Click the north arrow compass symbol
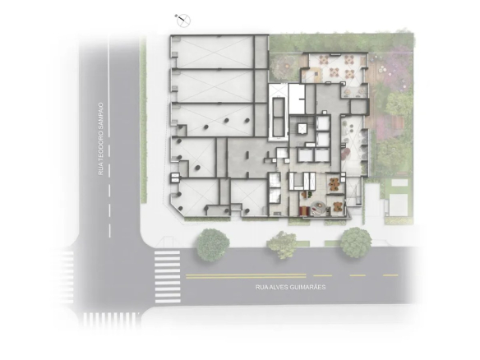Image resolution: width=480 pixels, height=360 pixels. pyautogui.click(x=183, y=21)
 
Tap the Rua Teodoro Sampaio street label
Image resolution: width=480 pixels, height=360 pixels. pyautogui.click(x=101, y=139)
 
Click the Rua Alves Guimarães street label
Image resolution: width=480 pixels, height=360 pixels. pyautogui.click(x=290, y=288)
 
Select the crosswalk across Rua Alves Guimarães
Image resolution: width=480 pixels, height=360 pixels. pyautogui.click(x=168, y=277)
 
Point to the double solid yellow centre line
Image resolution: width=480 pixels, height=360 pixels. pyautogui.click(x=246, y=276)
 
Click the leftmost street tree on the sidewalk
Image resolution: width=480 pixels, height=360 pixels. pyautogui.click(x=213, y=245)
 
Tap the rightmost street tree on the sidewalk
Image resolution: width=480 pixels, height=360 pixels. pyautogui.click(x=356, y=242)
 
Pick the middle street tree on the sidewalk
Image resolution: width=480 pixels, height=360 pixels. pyautogui.click(x=282, y=245)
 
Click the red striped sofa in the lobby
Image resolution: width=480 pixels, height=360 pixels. pyautogui.click(x=303, y=210)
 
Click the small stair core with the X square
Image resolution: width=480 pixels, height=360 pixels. pyautogui.click(x=302, y=128)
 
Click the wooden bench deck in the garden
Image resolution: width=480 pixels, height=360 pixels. pyautogui.click(x=395, y=122)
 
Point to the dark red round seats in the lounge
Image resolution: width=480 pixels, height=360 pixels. pyautogui.click(x=345, y=152)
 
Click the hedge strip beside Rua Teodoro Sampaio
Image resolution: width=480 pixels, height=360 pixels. pyautogui.click(x=143, y=120)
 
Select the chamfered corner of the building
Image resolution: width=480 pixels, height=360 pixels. pyautogui.click(x=178, y=210)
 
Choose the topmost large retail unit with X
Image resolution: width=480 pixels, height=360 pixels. pyautogui.click(x=213, y=52)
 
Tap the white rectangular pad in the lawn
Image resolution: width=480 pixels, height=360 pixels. pyautogui.click(x=399, y=182)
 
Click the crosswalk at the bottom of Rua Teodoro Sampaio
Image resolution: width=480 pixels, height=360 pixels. pyautogui.click(x=111, y=320)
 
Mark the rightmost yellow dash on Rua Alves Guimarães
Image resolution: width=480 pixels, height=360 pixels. pyautogui.click(x=391, y=275)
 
